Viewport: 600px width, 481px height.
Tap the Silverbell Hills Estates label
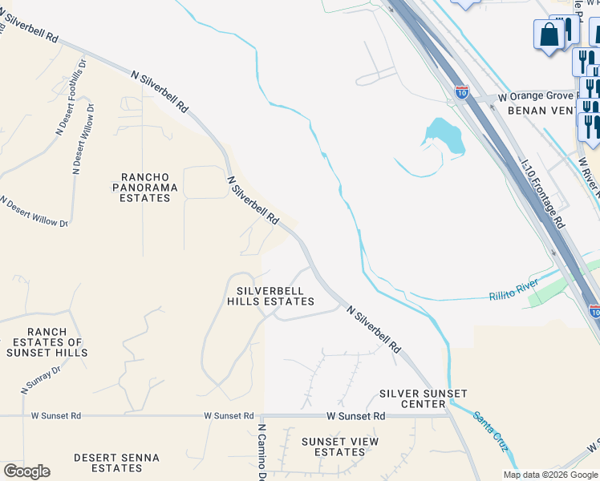[x=270, y=295]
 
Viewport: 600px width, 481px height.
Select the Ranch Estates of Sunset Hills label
[x=46, y=342]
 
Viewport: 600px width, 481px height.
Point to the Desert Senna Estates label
[x=116, y=463]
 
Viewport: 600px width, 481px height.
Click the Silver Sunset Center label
[x=412, y=398]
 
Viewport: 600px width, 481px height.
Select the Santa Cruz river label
[x=490, y=430]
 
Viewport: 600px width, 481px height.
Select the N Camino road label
[x=261, y=453]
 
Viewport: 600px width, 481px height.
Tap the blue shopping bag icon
[x=549, y=36]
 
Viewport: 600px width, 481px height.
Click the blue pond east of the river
[x=445, y=136]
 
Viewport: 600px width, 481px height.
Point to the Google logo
[x=26, y=471]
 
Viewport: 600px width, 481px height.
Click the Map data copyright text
[x=551, y=475]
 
